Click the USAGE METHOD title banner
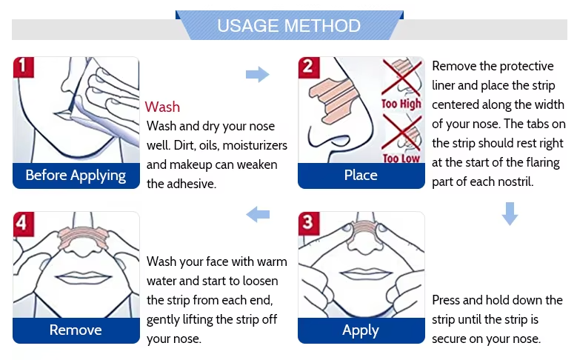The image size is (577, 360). tap(289, 27)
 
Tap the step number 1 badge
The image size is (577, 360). tap(24, 67)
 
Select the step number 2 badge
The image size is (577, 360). tap(309, 67)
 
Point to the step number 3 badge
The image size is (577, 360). tap(309, 222)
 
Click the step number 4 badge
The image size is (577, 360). tap(24, 222)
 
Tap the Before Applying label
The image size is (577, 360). tap(76, 176)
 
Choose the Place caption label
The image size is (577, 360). tap(361, 176)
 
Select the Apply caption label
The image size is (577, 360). tap(361, 330)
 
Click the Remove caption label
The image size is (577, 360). tap(76, 330)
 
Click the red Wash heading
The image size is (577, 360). tap(162, 107)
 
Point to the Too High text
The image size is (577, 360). tap(401, 104)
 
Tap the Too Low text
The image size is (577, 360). tap(401, 158)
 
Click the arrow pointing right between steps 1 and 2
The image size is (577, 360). tap(257, 74)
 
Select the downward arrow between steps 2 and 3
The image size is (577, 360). tap(509, 213)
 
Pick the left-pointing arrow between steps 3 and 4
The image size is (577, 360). tap(257, 215)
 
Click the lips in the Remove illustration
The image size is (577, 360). tap(76, 276)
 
